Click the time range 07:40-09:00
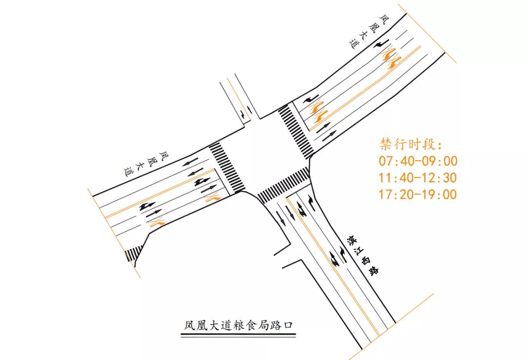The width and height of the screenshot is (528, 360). [x=418, y=161]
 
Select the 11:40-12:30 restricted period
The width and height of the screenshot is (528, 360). [x=418, y=178]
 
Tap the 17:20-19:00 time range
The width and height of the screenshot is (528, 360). [x=418, y=194]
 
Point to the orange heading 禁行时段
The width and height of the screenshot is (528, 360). [x=411, y=145]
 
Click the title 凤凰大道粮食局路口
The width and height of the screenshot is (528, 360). [x=238, y=325]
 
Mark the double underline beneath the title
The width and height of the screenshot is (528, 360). [x=238, y=335]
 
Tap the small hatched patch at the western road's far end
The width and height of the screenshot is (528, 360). [x=133, y=253]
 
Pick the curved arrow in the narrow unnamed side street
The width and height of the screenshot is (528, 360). [x=243, y=115]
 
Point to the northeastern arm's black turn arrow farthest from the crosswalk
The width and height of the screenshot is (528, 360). [x=381, y=44]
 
